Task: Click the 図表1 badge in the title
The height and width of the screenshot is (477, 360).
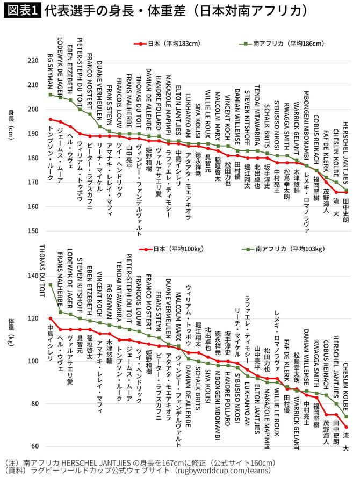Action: [x=22, y=11]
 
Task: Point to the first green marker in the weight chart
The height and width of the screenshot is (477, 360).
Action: [x=50, y=285]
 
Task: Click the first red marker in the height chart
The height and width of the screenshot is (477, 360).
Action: [x=50, y=119]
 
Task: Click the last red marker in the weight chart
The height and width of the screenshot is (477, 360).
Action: [x=347, y=427]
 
